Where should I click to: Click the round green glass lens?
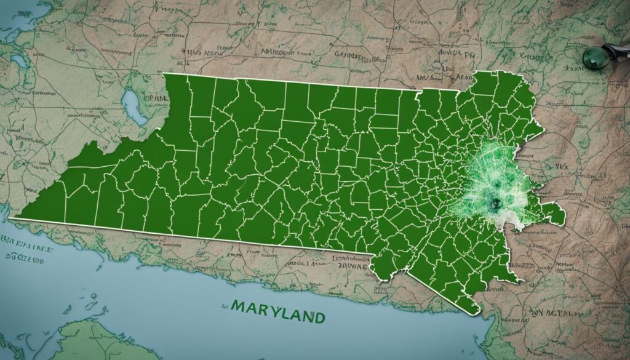[592, 57]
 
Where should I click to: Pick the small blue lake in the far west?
[20, 62]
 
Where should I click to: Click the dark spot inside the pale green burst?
[495, 202]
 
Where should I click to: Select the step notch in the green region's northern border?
[418, 92]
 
